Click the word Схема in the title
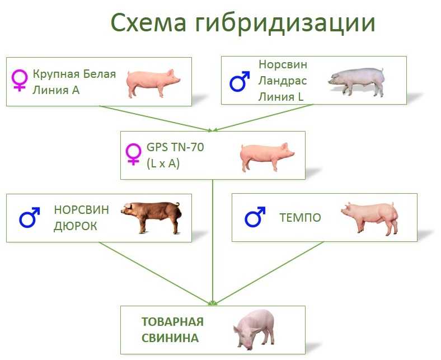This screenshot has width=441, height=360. pyautogui.click(x=148, y=23)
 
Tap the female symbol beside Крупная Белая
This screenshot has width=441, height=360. pyautogui.click(x=20, y=81)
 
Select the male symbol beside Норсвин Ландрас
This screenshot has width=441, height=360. pyautogui.click(x=240, y=81)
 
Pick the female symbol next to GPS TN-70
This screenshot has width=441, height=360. pyautogui.click(x=133, y=154)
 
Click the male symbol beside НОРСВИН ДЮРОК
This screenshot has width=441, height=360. pyautogui.click(x=30, y=217)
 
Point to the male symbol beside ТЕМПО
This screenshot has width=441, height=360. pyautogui.click(x=255, y=217)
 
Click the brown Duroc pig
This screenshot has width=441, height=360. pyautogui.click(x=151, y=217)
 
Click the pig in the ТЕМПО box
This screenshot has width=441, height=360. pyautogui.click(x=370, y=217)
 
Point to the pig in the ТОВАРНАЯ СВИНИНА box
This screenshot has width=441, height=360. pyautogui.click(x=254, y=329)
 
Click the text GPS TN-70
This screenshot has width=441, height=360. pyautogui.click(x=175, y=147)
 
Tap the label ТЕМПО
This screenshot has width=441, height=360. pyautogui.click(x=300, y=218)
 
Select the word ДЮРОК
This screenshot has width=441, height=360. pyautogui.click(x=75, y=226)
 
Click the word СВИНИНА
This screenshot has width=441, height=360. pyautogui.click(x=170, y=338)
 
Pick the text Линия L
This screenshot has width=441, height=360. pyautogui.click(x=281, y=97)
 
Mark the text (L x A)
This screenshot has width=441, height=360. pyautogui.click(x=163, y=163)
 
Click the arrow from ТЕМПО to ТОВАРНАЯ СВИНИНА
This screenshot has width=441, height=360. pyautogui.click(x=270, y=273)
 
